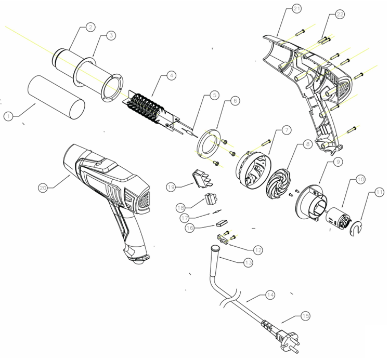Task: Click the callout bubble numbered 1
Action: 8,117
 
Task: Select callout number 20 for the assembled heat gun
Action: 43,188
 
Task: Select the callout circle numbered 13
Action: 249,263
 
